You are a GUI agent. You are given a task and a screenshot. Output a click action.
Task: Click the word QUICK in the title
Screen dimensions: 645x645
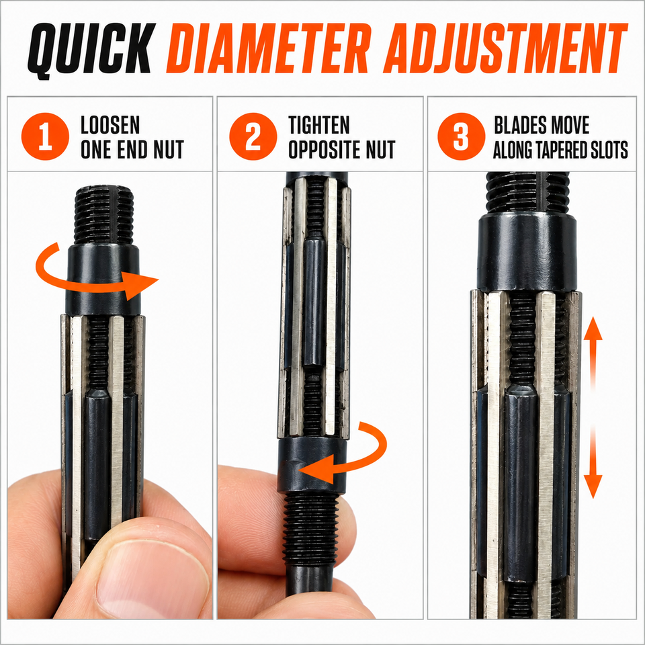point(91,49)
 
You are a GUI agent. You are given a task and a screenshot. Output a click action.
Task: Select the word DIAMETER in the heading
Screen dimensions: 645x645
point(269,48)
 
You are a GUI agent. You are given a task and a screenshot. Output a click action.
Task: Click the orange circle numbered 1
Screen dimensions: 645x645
point(45,136)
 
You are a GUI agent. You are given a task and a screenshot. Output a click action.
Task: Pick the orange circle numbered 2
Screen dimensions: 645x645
point(253,136)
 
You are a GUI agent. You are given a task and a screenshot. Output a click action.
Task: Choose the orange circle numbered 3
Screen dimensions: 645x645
point(462,136)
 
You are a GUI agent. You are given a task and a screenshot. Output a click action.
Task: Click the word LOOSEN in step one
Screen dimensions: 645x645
point(110,125)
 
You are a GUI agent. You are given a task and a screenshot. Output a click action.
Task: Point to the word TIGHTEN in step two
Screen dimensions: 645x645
point(318,125)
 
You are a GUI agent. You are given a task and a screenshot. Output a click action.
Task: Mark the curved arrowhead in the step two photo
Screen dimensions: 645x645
point(316,469)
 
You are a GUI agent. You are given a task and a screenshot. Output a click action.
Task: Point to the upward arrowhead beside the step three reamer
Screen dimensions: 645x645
point(593,329)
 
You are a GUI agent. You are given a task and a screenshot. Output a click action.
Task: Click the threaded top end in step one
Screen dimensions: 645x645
point(104,215)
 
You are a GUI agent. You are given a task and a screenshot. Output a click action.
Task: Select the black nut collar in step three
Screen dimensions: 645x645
point(527,252)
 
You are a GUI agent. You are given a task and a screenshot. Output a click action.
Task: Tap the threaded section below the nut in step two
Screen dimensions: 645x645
point(311,529)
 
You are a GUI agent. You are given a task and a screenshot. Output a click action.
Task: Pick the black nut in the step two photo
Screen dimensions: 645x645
point(312,465)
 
